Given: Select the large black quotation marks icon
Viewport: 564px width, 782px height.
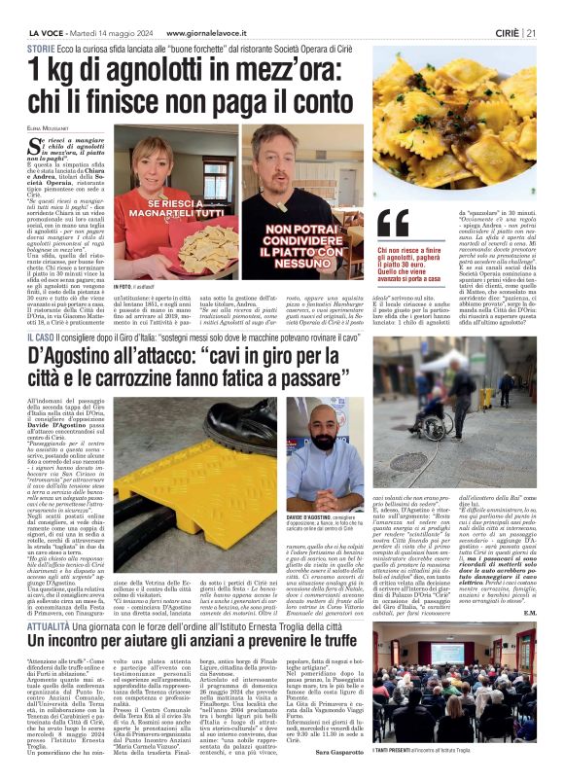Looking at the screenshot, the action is [391, 224].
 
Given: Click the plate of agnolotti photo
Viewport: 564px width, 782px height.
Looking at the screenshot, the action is [454, 131].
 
